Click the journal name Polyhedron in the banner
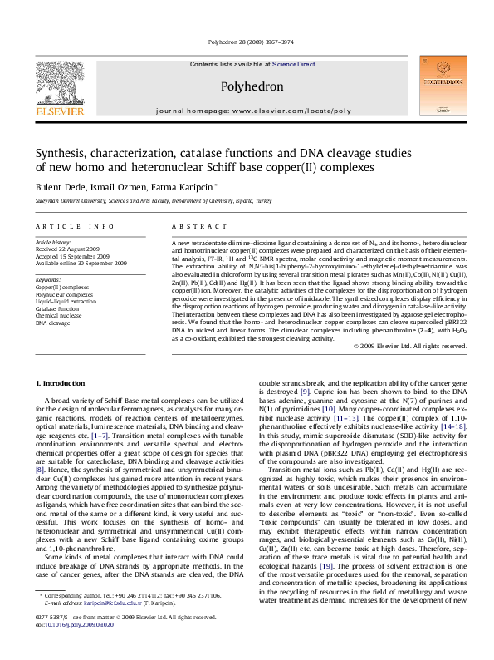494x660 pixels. (x=247, y=86)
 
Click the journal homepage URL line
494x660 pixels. (x=247, y=109)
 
